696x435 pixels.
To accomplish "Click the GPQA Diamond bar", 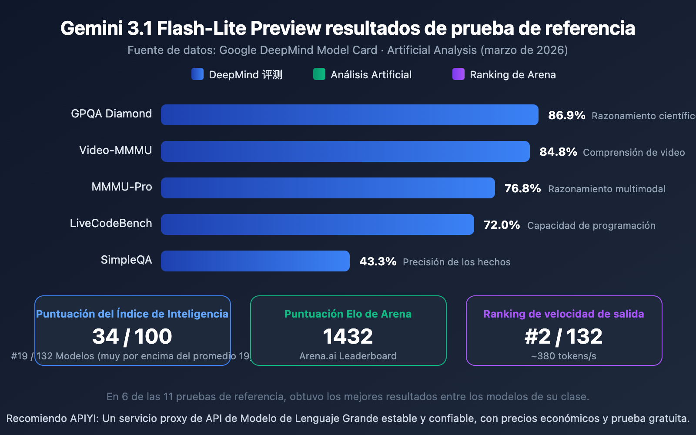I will coord(349,115).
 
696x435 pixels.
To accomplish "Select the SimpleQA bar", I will coord(255,261).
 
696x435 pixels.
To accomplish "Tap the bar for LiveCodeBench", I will coord(317,224).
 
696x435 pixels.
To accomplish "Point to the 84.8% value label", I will coord(558,152).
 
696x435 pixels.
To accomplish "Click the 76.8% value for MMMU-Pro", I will coord(522,188).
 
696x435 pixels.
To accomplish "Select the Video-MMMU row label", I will coord(115,150).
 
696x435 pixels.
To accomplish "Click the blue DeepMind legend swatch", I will coord(197,74).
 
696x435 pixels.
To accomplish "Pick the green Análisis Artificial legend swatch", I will coord(319,74).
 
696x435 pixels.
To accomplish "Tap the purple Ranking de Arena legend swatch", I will coord(458,74).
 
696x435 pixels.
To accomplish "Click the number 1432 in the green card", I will coord(348,336).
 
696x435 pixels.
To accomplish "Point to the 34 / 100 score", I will coord(132,336).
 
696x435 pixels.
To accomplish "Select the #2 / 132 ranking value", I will coord(563,336).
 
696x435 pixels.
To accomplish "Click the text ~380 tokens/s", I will coord(563,356).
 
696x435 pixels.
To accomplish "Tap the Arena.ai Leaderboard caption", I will coord(348,356).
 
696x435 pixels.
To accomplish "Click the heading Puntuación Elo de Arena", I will coord(348,314).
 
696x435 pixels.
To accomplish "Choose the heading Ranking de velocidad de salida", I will coord(563,314).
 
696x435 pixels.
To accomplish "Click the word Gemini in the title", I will coord(92,28).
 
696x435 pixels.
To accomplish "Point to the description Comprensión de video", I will coord(634,152).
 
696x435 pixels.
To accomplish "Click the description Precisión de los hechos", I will coord(456,262).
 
